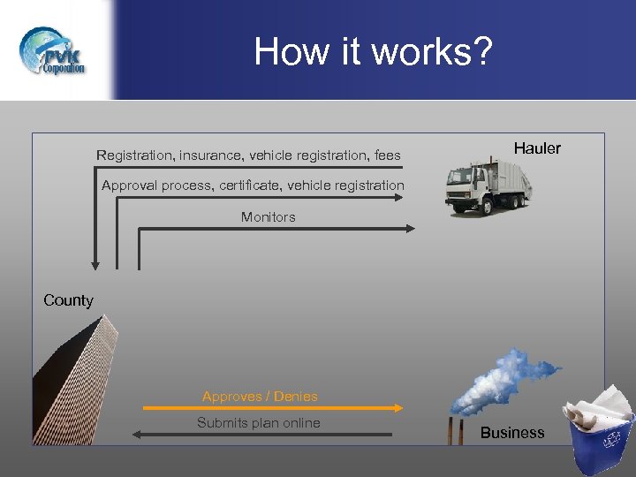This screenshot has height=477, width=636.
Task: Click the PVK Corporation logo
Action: (x=54, y=51)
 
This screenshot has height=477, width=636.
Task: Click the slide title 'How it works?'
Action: (x=373, y=51)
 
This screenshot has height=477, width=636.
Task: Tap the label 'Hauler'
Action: (x=537, y=148)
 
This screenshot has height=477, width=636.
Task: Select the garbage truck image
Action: (x=488, y=184)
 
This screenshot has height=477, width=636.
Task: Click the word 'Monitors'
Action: (x=269, y=217)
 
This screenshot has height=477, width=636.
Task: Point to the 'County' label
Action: (x=68, y=300)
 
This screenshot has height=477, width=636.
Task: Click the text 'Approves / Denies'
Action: (x=260, y=397)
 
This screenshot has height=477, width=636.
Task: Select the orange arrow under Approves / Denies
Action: (x=273, y=408)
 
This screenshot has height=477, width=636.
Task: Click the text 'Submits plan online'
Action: (x=259, y=423)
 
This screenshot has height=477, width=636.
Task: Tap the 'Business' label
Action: (x=512, y=433)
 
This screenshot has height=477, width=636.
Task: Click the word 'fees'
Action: (x=387, y=155)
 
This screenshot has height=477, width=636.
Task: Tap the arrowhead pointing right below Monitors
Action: (x=410, y=229)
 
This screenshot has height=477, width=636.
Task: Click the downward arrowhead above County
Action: (x=95, y=263)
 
